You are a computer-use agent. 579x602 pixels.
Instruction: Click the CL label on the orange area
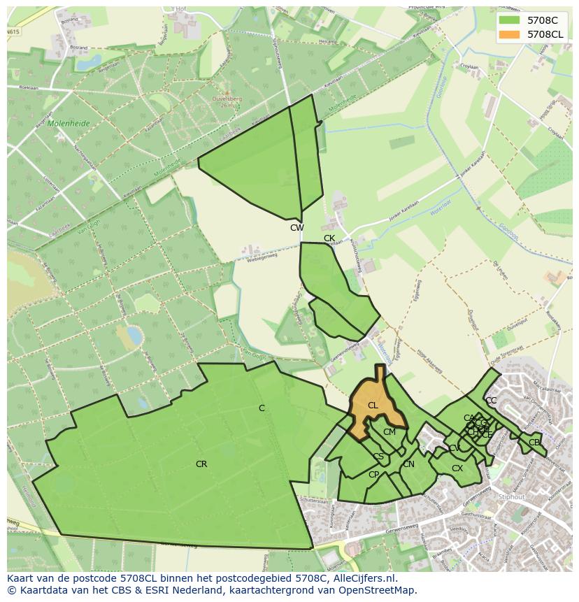(x=373, y=406)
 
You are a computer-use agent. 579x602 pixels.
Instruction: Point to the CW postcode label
(x=297, y=228)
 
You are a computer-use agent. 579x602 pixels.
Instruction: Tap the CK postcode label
(x=329, y=238)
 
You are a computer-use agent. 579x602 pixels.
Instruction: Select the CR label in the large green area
(x=201, y=464)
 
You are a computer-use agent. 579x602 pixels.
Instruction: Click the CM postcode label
(x=389, y=432)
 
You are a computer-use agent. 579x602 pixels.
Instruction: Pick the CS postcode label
(x=378, y=457)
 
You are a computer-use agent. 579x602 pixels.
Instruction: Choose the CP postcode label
(x=373, y=475)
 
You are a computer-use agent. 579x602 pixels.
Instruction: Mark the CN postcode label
(x=408, y=464)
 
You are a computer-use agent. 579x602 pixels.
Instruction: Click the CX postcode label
(x=457, y=468)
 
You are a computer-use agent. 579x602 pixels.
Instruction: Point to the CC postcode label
(x=491, y=401)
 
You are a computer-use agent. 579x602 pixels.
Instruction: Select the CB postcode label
(x=534, y=443)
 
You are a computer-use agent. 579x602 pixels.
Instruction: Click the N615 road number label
(x=13, y=32)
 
